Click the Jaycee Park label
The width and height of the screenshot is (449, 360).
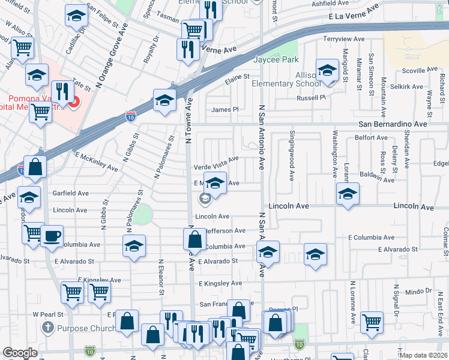pyautogui.click(x=275, y=60)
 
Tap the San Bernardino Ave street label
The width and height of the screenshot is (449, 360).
pyautogui.click(x=393, y=124)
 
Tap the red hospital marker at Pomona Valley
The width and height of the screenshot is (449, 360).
pyautogui.click(x=74, y=103)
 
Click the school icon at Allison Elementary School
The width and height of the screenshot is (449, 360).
pyautogui.click(x=327, y=70)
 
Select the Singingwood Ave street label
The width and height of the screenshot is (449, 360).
pyautogui.click(x=292, y=156)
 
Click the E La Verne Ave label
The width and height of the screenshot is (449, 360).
pyautogui.click(x=354, y=14)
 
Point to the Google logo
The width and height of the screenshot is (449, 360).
pyautogui.click(x=20, y=353)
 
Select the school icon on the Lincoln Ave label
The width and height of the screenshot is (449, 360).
pyautogui.click(x=347, y=193)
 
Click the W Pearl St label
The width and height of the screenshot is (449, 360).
pyautogui.click(x=44, y=314)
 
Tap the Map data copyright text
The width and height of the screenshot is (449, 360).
pyautogui.click(x=423, y=355)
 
